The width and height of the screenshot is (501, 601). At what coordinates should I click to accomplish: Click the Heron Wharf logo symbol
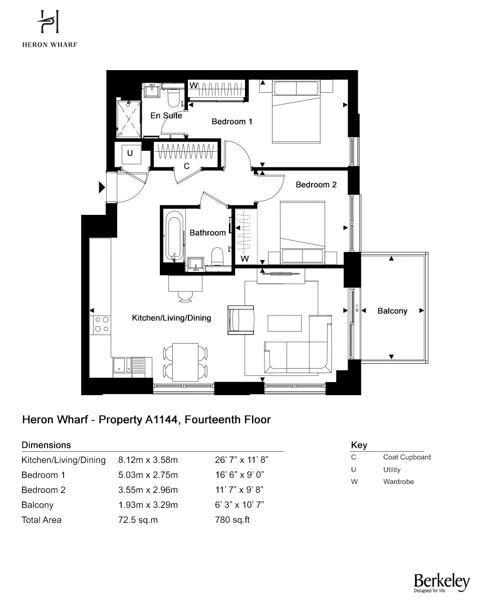(x=49, y=23)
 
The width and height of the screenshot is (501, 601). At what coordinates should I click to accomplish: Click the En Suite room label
(x=166, y=116)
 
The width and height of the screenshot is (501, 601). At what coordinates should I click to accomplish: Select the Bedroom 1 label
(x=231, y=121)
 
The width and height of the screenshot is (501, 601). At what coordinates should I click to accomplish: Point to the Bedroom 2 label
(x=316, y=185)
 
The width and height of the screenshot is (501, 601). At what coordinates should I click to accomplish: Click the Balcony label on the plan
(x=392, y=311)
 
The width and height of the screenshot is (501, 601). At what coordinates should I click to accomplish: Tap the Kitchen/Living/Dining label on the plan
(x=171, y=318)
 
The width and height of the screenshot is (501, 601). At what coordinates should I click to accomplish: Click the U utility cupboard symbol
(x=130, y=154)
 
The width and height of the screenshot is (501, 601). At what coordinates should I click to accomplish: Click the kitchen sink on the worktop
(x=120, y=365)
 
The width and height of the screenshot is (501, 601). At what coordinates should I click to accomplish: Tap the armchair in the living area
(x=241, y=320)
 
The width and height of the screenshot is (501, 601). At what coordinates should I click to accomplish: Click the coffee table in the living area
(x=285, y=323)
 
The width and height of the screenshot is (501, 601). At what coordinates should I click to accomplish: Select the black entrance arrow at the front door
(x=102, y=188)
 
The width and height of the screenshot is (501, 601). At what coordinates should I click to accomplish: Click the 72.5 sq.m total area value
(x=138, y=520)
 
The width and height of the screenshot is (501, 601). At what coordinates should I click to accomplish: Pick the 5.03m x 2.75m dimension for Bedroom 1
(x=148, y=475)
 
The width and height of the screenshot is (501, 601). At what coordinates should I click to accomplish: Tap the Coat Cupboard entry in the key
(x=406, y=457)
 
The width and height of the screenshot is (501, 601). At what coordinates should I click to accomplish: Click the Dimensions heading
(x=46, y=445)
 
